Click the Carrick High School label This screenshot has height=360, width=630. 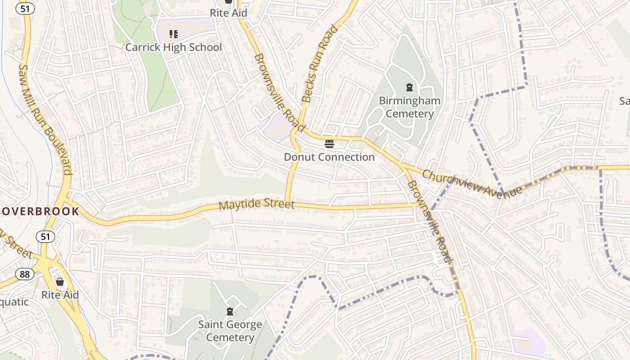[x=173, y=47]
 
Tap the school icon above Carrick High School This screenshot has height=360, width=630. [x=174, y=34]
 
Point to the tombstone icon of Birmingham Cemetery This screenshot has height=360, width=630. [x=409, y=87]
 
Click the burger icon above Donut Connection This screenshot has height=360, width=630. [x=329, y=144]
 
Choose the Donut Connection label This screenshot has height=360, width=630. [x=329, y=157]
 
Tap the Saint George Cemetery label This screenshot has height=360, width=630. [x=230, y=331]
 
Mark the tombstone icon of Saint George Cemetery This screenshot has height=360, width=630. [x=230, y=311]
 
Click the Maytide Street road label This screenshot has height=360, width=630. [x=256, y=205]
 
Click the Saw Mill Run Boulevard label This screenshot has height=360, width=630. [x=45, y=119]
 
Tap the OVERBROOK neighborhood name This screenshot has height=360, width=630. [x=40, y=211]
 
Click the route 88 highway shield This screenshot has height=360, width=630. [x=24, y=274]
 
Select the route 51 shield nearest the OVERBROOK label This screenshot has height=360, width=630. [x=45, y=236]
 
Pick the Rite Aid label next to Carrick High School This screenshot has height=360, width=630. [x=229, y=13]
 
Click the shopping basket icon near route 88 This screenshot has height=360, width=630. [x=60, y=282]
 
